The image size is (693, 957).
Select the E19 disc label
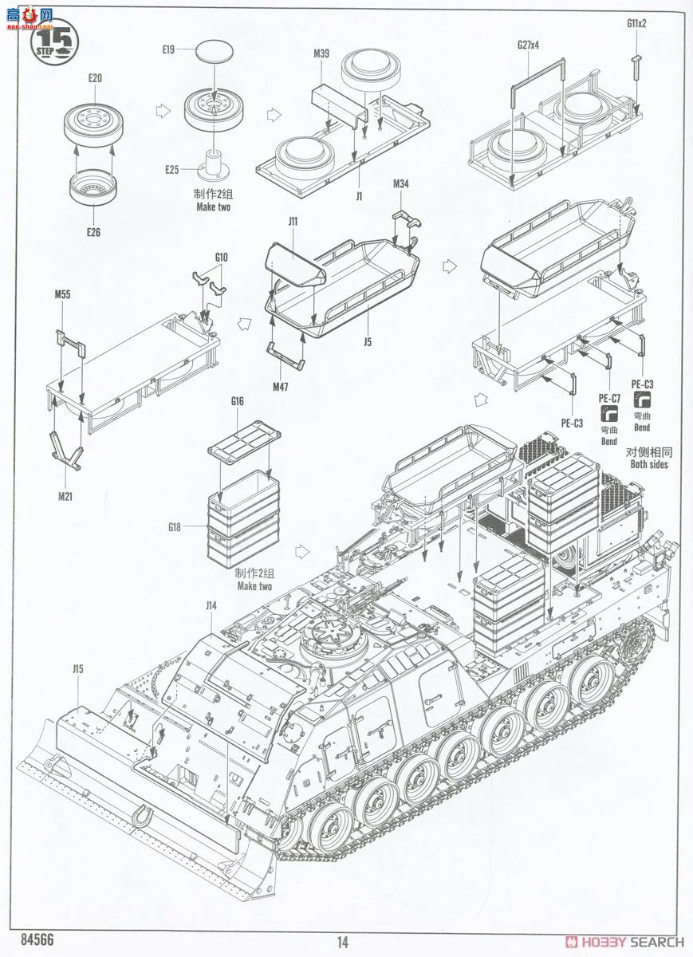click(167, 49)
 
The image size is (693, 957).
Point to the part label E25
click(172, 169)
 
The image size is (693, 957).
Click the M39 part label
click(321, 53)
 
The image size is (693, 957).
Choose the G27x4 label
click(527, 45)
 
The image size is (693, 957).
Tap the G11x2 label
click(636, 22)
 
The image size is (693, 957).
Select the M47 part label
click(280, 387)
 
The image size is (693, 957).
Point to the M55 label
click(62, 294)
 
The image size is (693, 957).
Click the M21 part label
click(66, 497)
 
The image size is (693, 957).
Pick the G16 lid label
click(236, 402)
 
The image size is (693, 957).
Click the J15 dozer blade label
click(77, 669)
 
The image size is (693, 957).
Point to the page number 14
click(342, 942)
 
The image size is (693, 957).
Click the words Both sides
click(648, 464)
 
